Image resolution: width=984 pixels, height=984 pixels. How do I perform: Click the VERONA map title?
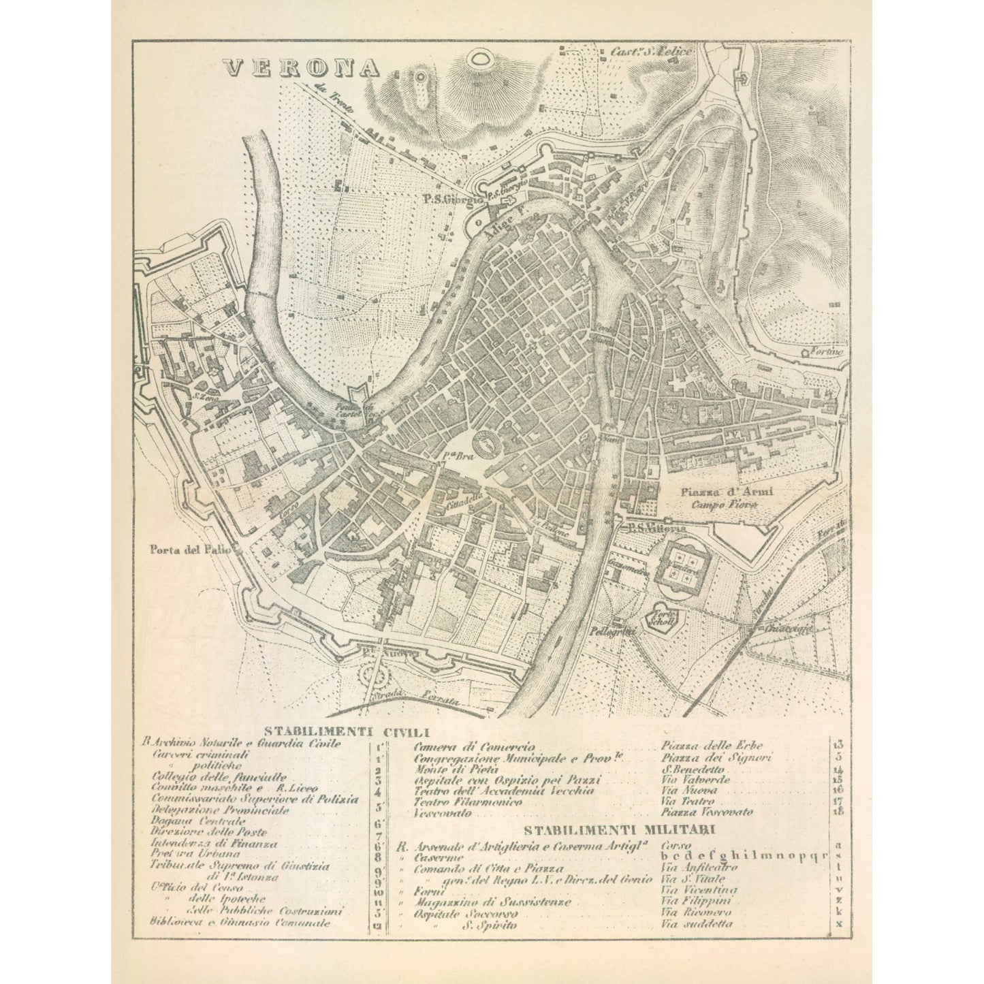pos(302,67)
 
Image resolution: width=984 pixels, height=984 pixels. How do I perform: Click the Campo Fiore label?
pos(724,505)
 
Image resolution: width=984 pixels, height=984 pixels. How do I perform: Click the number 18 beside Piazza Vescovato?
pos(838,812)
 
